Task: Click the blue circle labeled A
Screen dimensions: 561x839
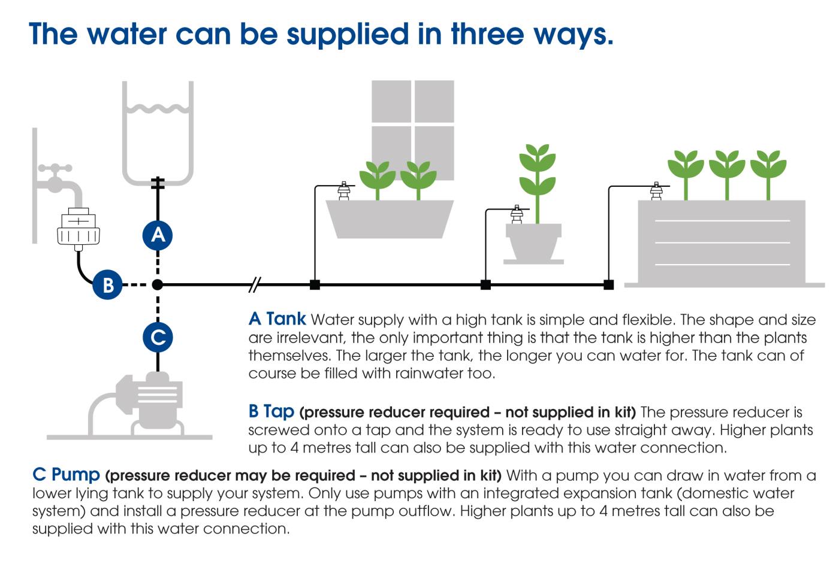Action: tap(158, 234)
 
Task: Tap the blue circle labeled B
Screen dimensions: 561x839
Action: tap(108, 284)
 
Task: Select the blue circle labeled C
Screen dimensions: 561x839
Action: tap(158, 337)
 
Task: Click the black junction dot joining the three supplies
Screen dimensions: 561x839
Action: tap(158, 285)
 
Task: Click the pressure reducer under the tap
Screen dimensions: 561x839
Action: tap(78, 229)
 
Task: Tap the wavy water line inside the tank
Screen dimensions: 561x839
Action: tap(158, 110)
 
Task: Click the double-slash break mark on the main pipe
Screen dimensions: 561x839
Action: tap(255, 285)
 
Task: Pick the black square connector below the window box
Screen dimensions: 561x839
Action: tap(315, 285)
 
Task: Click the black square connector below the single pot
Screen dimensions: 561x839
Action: tap(485, 285)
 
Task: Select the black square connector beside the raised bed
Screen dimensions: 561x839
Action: tap(608, 285)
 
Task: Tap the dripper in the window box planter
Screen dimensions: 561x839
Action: tap(344, 191)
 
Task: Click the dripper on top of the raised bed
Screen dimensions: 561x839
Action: tap(656, 191)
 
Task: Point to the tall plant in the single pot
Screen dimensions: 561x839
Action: tap(537, 180)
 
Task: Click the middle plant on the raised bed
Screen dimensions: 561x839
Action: tap(727, 171)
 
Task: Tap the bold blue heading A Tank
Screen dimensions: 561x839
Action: tap(277, 319)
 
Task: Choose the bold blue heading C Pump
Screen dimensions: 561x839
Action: tap(66, 474)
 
